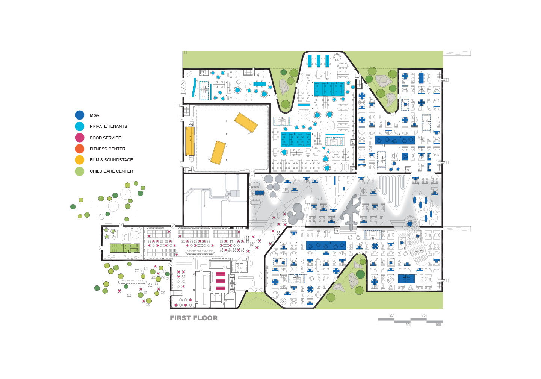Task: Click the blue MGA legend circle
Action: click(x=80, y=115)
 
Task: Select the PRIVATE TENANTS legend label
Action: click(x=108, y=126)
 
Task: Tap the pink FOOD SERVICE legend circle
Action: click(x=80, y=138)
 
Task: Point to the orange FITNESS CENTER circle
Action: click(x=80, y=149)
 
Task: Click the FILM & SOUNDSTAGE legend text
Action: click(x=111, y=160)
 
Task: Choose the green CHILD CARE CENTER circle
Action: click(x=80, y=171)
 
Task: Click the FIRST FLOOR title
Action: click(x=194, y=318)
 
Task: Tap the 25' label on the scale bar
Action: click(x=391, y=315)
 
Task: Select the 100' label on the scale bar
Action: click(x=438, y=325)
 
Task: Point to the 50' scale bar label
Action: click(x=408, y=325)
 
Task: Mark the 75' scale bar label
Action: click(x=424, y=315)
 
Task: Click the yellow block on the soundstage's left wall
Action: click(x=190, y=141)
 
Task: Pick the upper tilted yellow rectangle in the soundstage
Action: click(x=246, y=123)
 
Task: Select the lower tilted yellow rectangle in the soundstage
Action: click(x=218, y=152)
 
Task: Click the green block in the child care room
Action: click(x=124, y=248)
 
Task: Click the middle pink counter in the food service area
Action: click(x=221, y=281)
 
